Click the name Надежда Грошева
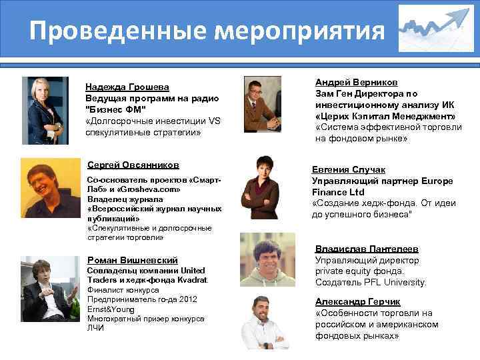point(127,87)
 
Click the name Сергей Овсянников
point(133,165)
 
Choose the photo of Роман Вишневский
point(45,289)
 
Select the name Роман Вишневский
point(133,259)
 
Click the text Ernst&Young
point(109,309)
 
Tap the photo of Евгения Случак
point(263,189)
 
